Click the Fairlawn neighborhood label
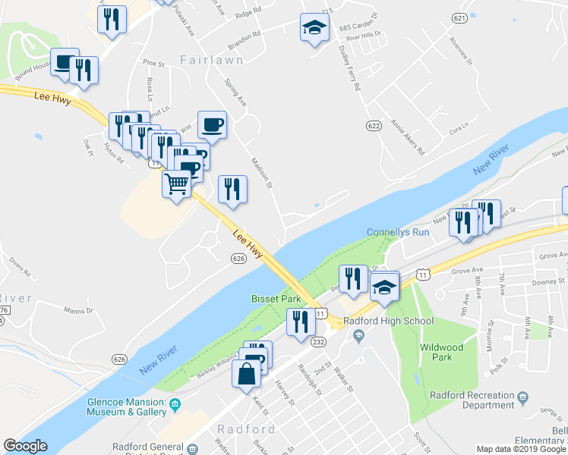pyautogui.click(x=212, y=59)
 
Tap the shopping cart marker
pyautogui.click(x=176, y=183)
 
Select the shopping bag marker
pyautogui.click(x=248, y=375)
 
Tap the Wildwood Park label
pyautogui.click(x=441, y=352)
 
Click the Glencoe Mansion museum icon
pyautogui.click(x=175, y=403)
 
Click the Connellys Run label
pyautogui.click(x=398, y=232)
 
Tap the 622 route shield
pyautogui.click(x=372, y=125)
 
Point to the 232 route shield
pyautogui.click(x=319, y=342)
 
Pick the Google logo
pyautogui.click(x=25, y=446)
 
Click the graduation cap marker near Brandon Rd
pyautogui.click(x=314, y=29)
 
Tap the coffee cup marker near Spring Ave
pyautogui.click(x=212, y=124)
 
